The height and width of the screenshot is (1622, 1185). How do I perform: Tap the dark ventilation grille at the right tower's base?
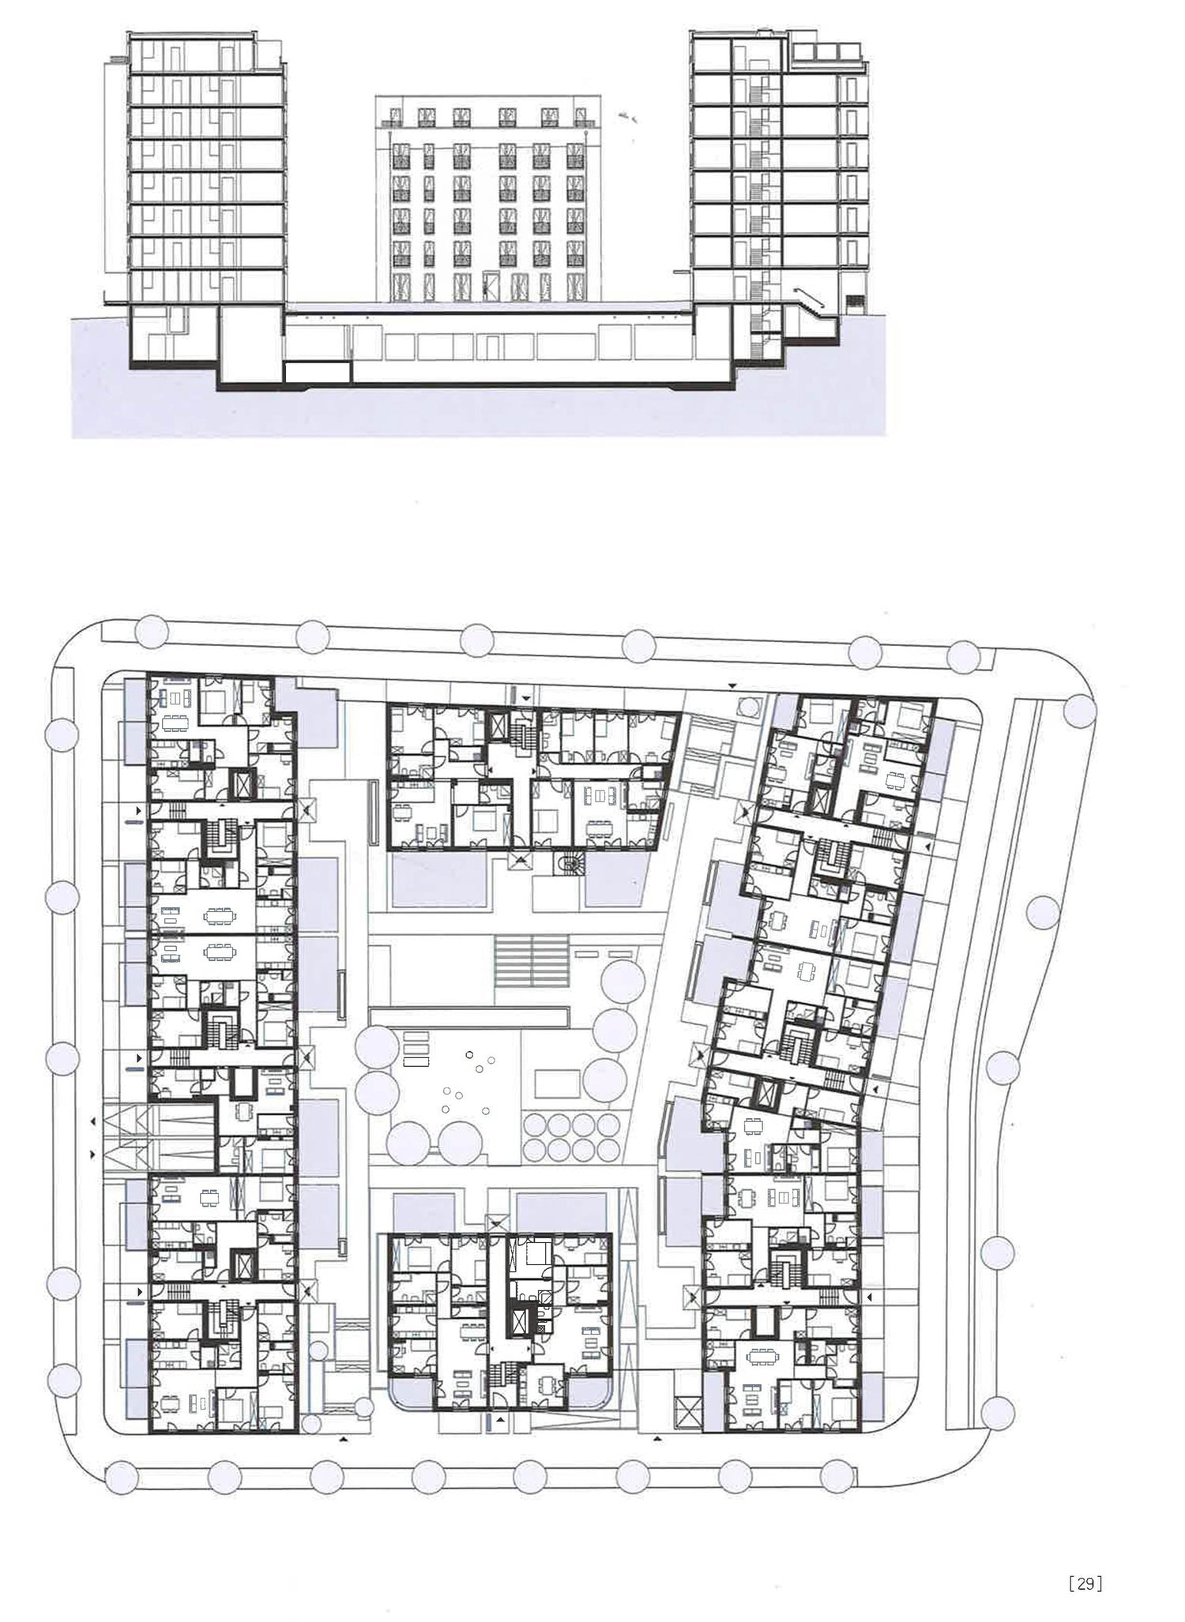coord(855,302)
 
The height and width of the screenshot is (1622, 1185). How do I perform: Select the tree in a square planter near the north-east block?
coord(747,704)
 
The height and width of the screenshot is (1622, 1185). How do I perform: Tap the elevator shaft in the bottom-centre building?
coord(518,1322)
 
